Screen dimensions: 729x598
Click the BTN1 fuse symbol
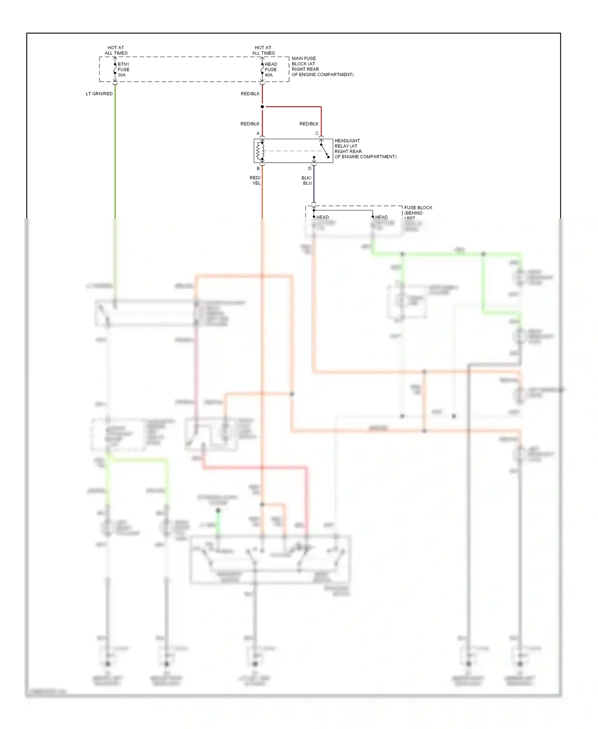coord(115,69)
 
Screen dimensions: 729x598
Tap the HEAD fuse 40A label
coord(271,69)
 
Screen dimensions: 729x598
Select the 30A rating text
coord(122,75)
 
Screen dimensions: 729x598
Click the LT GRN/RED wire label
coord(99,94)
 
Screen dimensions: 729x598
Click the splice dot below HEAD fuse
coord(262,107)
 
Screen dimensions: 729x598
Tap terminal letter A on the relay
coord(258,134)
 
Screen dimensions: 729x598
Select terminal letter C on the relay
coord(317,134)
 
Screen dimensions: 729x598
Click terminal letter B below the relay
coord(258,168)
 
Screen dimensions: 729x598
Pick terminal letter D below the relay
coord(310,168)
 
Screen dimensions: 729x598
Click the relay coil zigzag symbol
coord(260,151)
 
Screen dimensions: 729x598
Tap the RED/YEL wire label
coord(256,181)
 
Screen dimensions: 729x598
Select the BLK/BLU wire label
coord(307,181)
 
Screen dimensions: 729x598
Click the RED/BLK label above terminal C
coord(309,124)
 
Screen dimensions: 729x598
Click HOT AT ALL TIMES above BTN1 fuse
coord(116,50)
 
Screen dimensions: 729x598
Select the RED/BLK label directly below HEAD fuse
coord(250,94)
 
